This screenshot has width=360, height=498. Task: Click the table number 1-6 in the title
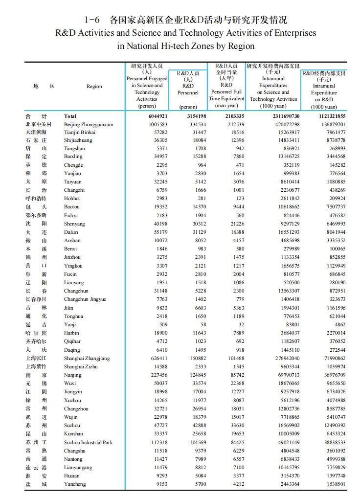(92, 20)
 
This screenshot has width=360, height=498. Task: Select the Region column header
(94, 86)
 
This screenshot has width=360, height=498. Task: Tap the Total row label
(70, 116)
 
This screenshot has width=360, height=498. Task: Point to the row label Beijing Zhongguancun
(89, 125)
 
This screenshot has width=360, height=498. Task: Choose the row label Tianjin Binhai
(80, 133)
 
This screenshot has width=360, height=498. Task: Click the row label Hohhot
(72, 199)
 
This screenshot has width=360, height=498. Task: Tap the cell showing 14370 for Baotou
(198, 207)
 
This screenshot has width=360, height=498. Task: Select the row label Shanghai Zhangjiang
(87, 359)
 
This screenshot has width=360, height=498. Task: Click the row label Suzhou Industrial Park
(89, 442)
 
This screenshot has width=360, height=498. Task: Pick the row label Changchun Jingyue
(85, 299)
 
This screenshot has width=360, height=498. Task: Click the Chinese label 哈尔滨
(36, 333)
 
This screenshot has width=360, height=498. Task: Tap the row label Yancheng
(75, 484)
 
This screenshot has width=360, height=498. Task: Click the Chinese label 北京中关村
(36, 125)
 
